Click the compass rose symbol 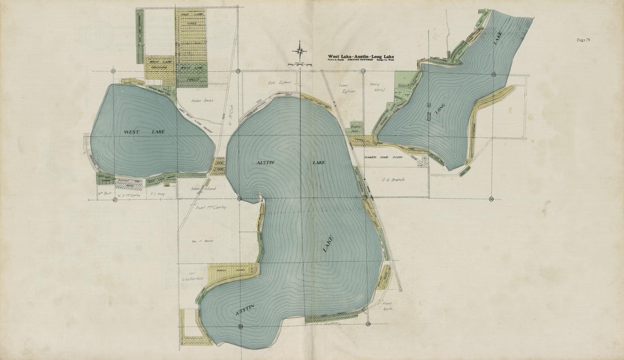(x=300, y=52)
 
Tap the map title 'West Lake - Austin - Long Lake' (x=361, y=57)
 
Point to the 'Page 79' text (x=584, y=40)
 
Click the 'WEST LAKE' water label (x=144, y=132)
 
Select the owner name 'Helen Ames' (x=201, y=101)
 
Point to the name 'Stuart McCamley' (x=210, y=207)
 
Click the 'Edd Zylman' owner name (x=280, y=82)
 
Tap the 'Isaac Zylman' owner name (x=346, y=87)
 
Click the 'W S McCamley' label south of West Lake (x=128, y=194)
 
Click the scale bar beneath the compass (x=300, y=66)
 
